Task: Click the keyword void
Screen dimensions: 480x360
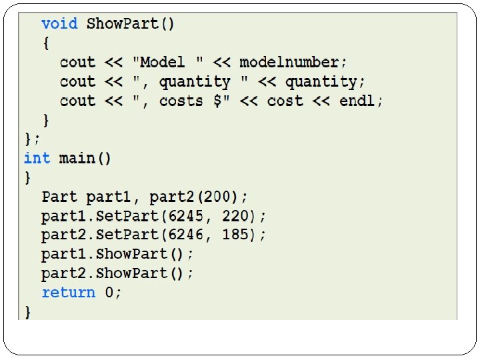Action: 59,24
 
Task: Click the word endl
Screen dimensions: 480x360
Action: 361,101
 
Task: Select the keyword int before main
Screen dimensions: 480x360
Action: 37,158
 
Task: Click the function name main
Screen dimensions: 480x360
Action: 77,158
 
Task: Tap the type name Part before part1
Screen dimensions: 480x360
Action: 59,197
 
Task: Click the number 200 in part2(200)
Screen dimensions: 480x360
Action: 220,197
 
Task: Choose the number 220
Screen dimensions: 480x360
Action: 238,217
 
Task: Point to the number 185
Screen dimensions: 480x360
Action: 238,235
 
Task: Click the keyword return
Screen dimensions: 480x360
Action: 68,293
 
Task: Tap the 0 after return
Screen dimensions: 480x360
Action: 109,293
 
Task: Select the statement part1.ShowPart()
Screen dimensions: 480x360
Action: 117,255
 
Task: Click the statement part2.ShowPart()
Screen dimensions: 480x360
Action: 117,274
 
